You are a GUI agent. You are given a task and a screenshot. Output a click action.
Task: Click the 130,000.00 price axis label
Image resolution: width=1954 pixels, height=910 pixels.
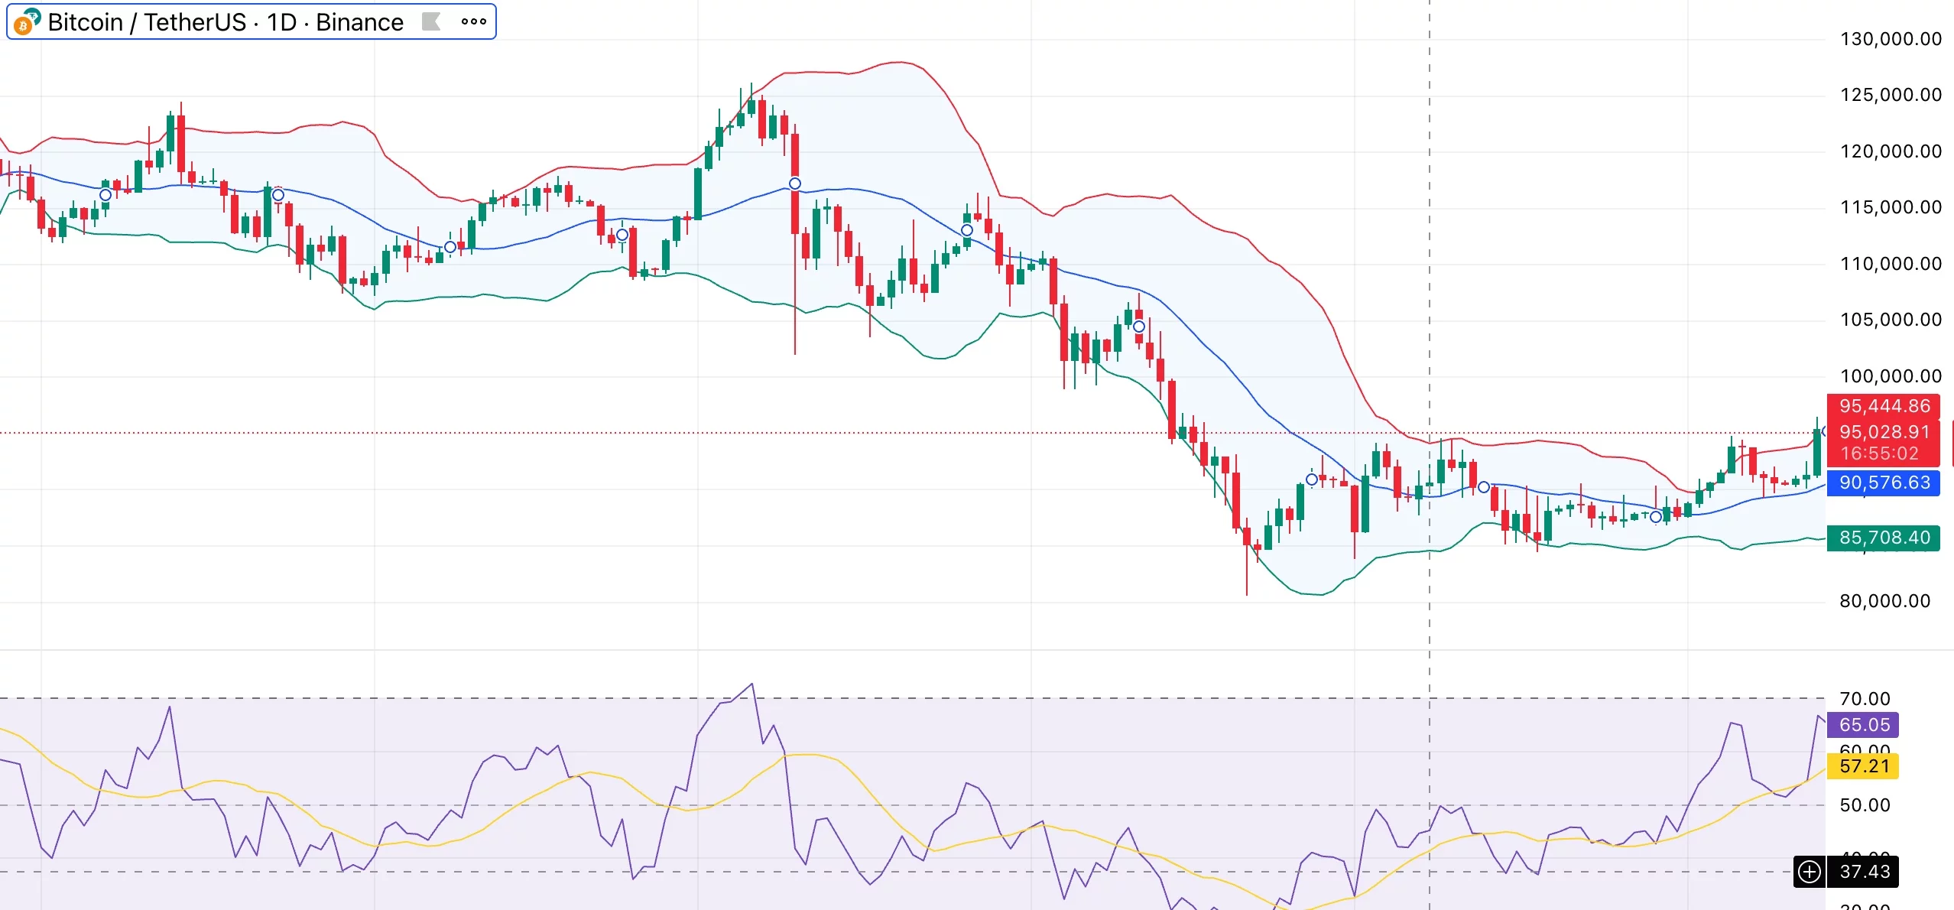(x=1890, y=39)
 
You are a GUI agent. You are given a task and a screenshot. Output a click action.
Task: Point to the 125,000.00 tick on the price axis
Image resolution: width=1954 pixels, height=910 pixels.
(x=1890, y=95)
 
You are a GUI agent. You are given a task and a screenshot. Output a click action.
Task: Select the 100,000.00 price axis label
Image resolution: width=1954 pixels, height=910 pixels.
(x=1890, y=376)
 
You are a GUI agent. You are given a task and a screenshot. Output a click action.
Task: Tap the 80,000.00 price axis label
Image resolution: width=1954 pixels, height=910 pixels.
(x=1884, y=601)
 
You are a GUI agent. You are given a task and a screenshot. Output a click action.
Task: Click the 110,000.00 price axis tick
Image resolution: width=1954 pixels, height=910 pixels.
(x=1890, y=264)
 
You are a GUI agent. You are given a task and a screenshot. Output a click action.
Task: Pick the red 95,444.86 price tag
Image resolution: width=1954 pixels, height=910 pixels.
(x=1884, y=406)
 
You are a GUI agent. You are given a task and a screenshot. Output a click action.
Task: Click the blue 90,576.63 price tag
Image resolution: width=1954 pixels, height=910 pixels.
(x=1884, y=483)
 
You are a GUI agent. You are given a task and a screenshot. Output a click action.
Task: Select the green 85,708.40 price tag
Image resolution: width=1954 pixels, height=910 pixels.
(x=1884, y=538)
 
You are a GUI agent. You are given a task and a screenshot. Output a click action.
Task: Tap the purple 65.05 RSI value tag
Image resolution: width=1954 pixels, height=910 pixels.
(x=1864, y=725)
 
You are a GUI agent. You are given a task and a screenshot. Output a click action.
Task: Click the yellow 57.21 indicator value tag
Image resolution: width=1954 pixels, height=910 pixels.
(x=1864, y=766)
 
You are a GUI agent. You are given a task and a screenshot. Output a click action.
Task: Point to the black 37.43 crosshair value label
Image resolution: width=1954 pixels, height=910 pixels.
(x=1864, y=872)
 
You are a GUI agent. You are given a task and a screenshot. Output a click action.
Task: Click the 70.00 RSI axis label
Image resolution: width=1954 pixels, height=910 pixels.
(x=1864, y=699)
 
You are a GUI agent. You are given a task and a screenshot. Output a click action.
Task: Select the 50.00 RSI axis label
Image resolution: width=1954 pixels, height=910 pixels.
(x=1864, y=805)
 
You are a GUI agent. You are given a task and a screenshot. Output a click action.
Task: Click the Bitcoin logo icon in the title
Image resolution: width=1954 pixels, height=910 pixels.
(x=26, y=22)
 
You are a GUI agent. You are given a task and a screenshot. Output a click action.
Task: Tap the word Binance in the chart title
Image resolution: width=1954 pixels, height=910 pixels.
(x=359, y=22)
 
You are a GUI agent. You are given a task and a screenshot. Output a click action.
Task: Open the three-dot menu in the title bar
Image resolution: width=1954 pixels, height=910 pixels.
(x=474, y=22)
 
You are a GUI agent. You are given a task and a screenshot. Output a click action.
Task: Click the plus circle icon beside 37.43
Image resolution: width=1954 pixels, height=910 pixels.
(x=1810, y=872)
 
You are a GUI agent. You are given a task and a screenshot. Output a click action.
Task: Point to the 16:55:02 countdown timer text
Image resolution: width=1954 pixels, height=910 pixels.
(x=1879, y=453)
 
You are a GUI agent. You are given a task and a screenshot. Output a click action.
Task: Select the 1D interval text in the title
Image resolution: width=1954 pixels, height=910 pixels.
(x=281, y=22)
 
